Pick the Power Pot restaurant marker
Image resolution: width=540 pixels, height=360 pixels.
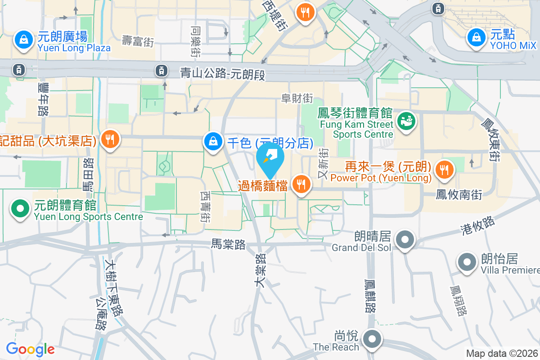444,169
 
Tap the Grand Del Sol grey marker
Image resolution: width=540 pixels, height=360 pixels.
405,239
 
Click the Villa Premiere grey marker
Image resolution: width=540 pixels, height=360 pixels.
467,261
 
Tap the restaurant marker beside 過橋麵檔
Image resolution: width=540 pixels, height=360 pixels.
300,184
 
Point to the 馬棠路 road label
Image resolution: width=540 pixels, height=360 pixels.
229,244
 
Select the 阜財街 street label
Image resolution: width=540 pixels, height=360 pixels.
297,98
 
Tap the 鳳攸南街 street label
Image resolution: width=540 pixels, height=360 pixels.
459,195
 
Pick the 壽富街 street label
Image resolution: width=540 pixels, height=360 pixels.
138,42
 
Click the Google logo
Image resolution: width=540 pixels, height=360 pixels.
30,349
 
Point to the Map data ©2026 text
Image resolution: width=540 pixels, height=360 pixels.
502,354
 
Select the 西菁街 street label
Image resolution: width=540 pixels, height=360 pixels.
205,207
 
